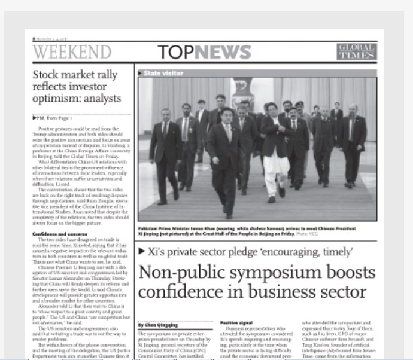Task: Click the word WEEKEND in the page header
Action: coord(72,52)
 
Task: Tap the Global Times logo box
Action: coord(356,52)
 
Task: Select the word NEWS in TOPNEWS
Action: coord(222,52)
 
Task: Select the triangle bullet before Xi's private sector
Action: coord(141,252)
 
